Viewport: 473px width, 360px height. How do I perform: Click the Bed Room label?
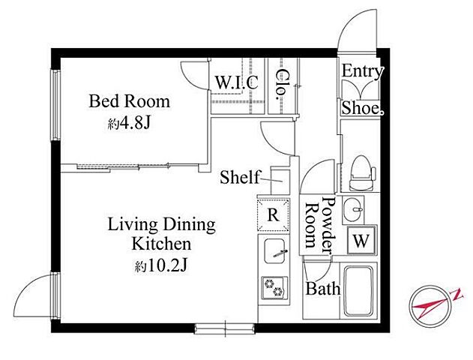click(129, 101)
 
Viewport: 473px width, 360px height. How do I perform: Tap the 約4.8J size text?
click(129, 123)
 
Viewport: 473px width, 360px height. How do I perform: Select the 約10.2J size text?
click(161, 265)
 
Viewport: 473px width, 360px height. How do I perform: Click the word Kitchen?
click(162, 244)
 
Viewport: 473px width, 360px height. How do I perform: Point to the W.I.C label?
click(237, 82)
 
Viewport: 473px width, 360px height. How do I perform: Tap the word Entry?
click(362, 72)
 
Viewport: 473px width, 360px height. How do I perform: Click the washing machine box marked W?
click(361, 241)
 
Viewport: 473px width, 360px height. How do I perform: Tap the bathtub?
click(358, 291)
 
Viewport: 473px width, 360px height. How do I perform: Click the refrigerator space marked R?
click(273, 214)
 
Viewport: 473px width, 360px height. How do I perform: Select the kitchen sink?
click(274, 251)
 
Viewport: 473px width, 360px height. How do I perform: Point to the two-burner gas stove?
click(274, 287)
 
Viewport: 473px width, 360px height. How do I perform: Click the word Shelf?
click(240, 177)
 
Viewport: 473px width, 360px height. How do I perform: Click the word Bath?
click(323, 289)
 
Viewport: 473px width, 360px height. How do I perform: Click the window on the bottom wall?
click(225, 328)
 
